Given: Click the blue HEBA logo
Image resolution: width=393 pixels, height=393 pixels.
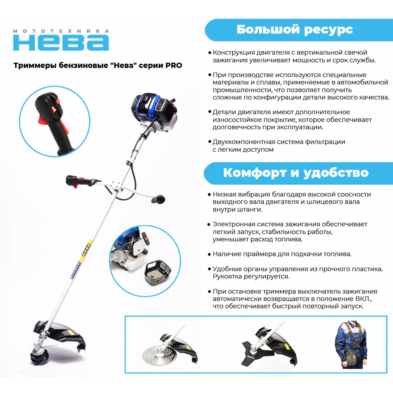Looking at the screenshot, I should pyautogui.click(x=61, y=42).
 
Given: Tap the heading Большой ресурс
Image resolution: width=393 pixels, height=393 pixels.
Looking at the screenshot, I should pyautogui.click(x=294, y=29).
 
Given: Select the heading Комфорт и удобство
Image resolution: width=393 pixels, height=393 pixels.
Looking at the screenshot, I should pyautogui.click(x=296, y=173).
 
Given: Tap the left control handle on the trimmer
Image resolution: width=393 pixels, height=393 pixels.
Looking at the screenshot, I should pyautogui.click(x=79, y=182).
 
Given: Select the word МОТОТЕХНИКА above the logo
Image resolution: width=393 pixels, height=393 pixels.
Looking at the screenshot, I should pyautogui.click(x=61, y=31).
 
